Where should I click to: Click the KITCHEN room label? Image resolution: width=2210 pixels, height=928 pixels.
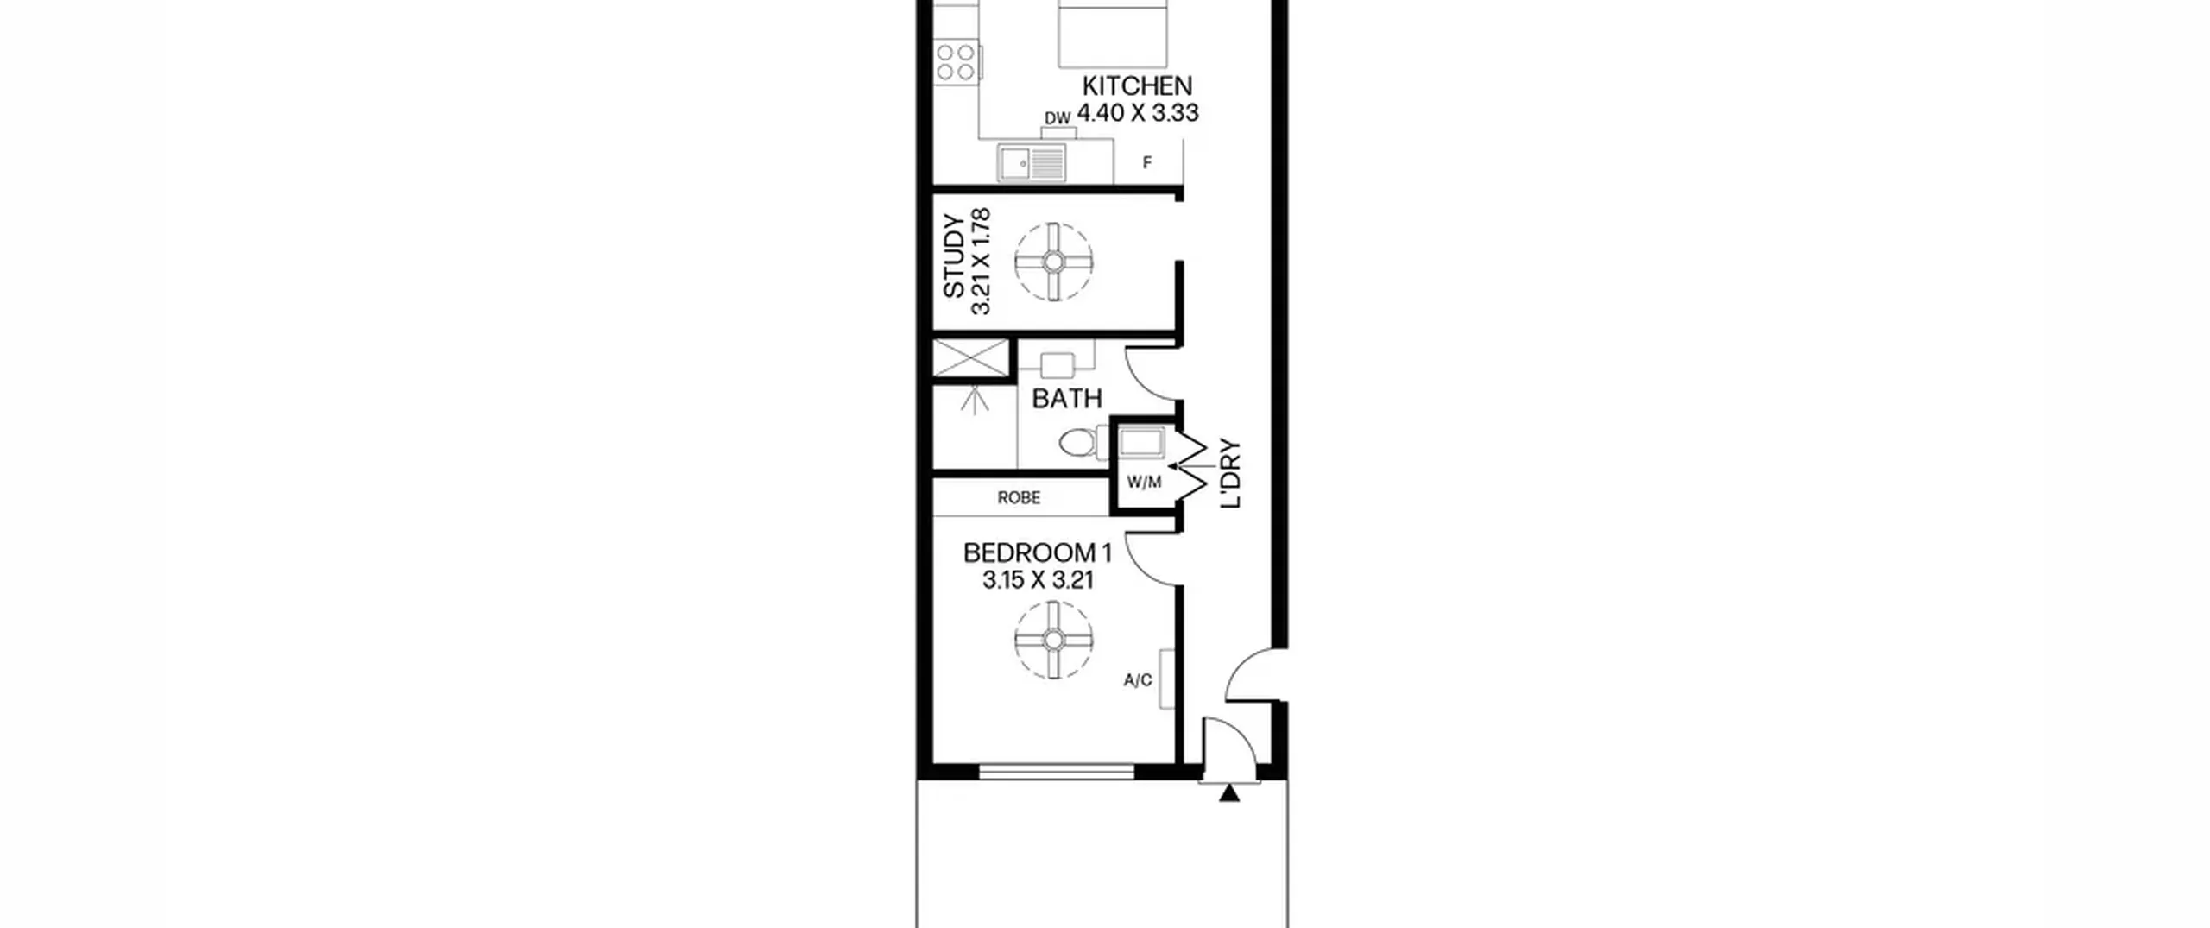(1137, 86)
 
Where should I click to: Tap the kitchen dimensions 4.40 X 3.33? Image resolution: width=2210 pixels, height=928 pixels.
(1138, 113)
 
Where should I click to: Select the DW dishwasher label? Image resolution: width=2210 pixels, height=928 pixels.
(1058, 118)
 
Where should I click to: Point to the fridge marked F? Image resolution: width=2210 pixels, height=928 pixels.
(1147, 162)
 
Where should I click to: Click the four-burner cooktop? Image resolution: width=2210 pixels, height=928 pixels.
(957, 62)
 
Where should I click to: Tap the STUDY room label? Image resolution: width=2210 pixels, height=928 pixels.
(954, 256)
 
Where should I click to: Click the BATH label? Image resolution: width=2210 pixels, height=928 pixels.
(1067, 399)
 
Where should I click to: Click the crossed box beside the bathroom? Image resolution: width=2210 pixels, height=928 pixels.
(971, 358)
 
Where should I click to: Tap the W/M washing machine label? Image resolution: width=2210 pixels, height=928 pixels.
(1144, 483)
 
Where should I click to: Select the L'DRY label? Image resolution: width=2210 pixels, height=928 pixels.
(1230, 474)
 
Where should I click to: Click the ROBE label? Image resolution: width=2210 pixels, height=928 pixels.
(1019, 498)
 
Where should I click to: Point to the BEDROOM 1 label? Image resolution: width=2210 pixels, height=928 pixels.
(1038, 552)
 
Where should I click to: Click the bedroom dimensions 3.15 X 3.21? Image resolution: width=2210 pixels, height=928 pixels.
(1038, 580)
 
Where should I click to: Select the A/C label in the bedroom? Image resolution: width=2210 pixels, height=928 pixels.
(1138, 680)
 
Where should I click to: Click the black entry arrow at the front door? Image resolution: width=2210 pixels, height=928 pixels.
(1229, 793)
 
